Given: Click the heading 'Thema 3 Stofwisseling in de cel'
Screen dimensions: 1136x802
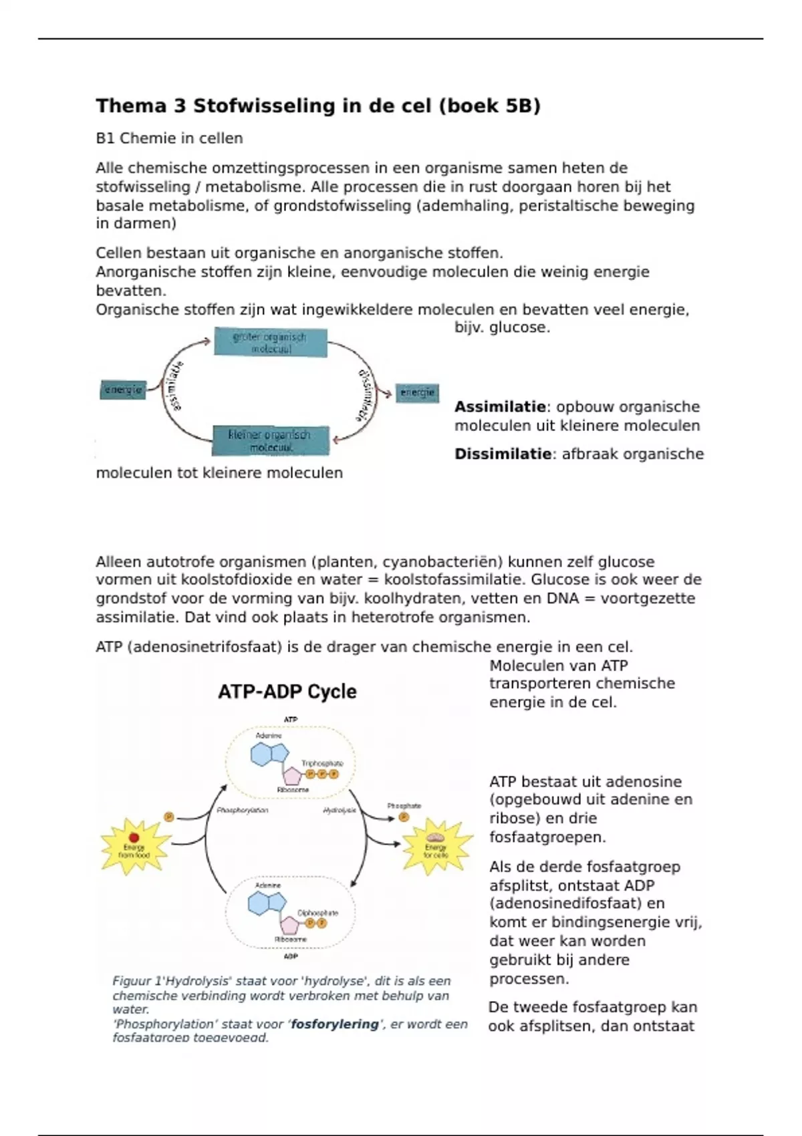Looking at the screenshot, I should [317, 106].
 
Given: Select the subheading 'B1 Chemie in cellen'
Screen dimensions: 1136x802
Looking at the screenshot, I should [169, 138].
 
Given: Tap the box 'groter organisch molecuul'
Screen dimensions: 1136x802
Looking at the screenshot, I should [271, 342].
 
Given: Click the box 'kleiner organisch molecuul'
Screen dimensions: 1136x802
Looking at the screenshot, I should [270, 441].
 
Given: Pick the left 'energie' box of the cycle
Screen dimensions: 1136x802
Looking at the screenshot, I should [123, 390].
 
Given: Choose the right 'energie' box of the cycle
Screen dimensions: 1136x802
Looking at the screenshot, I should [418, 392].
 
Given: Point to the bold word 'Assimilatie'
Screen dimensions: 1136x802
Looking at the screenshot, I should [500, 407].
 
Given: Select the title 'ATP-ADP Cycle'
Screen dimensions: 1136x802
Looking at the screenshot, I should [287, 692].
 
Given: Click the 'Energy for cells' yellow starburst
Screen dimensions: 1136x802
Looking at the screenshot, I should [436, 847].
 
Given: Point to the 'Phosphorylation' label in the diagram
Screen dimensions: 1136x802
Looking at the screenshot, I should [243, 811].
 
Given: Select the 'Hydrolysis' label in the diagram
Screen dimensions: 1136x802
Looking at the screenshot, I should [340, 811].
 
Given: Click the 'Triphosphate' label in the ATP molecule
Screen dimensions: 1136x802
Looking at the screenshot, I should [322, 763].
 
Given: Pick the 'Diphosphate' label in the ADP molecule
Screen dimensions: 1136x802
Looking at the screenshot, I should [318, 913].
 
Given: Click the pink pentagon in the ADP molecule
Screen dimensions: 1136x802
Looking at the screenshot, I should [289, 926].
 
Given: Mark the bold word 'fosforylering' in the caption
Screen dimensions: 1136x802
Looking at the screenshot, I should [335, 1024].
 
